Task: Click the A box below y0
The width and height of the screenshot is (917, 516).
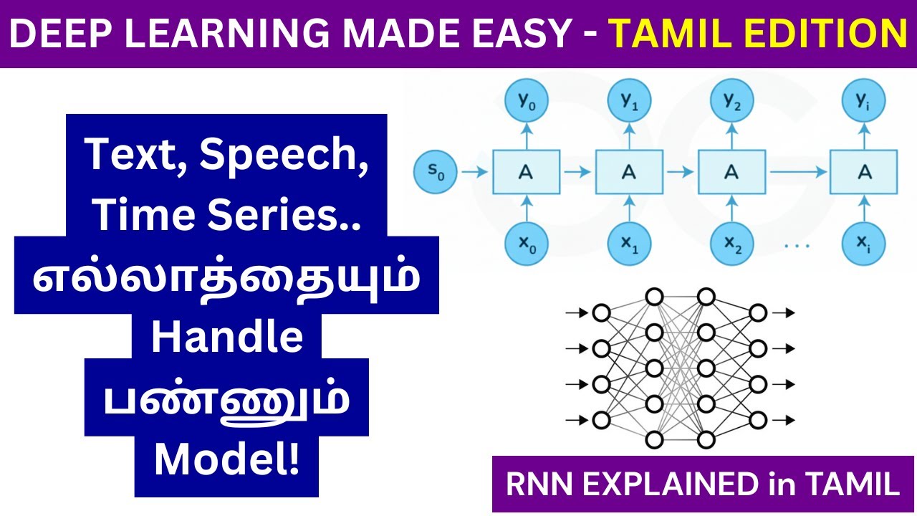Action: coord(527,172)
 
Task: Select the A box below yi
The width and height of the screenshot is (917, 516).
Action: coord(863,172)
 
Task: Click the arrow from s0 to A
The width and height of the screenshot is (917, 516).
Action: coord(473,172)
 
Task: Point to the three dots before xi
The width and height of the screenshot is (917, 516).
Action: coord(796,245)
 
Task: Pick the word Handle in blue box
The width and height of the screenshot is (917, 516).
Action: coord(226,337)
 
